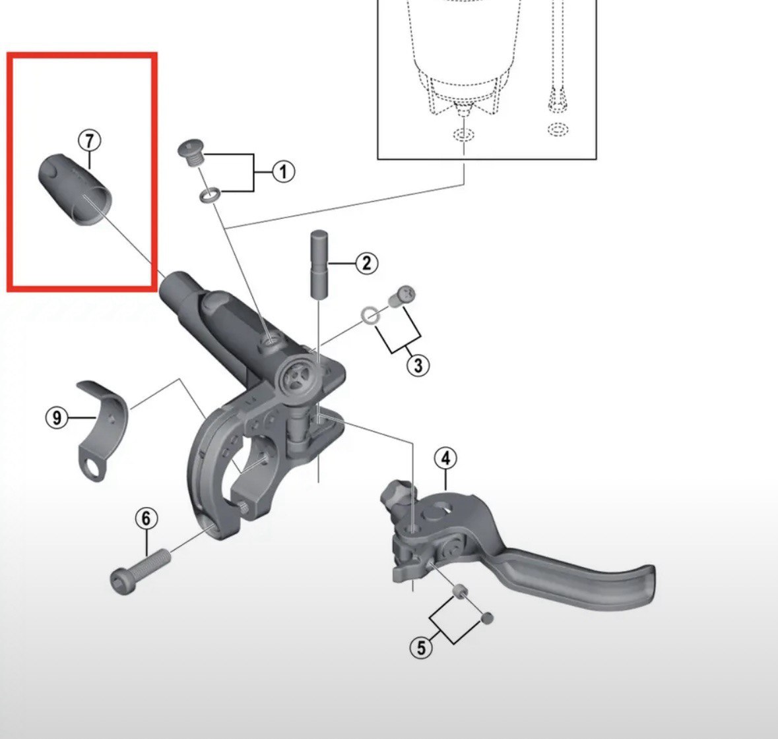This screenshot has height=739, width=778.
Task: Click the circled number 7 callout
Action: click(x=89, y=141)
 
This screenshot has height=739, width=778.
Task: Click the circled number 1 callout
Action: click(x=283, y=172)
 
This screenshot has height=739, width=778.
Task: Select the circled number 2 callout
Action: click(x=366, y=263)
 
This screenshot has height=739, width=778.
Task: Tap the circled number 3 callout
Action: click(x=418, y=365)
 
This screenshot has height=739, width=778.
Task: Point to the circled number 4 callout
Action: click(x=445, y=458)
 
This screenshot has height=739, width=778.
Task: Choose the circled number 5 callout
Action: click(x=421, y=647)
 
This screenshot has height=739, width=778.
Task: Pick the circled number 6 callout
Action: click(x=146, y=518)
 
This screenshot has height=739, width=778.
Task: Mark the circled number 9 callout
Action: click(x=57, y=417)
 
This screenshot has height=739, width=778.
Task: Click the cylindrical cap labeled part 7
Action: click(x=75, y=190)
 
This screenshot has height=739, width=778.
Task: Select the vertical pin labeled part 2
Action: click(x=317, y=264)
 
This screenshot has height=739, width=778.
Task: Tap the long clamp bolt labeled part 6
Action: click(x=140, y=571)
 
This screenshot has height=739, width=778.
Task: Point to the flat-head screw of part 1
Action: click(x=191, y=153)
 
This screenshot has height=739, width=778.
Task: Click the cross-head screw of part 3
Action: click(x=401, y=297)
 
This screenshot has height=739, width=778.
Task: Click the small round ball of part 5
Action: click(x=487, y=618)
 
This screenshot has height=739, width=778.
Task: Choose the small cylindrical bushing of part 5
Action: click(x=461, y=591)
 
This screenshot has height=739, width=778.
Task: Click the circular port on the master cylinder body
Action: click(x=296, y=376)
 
